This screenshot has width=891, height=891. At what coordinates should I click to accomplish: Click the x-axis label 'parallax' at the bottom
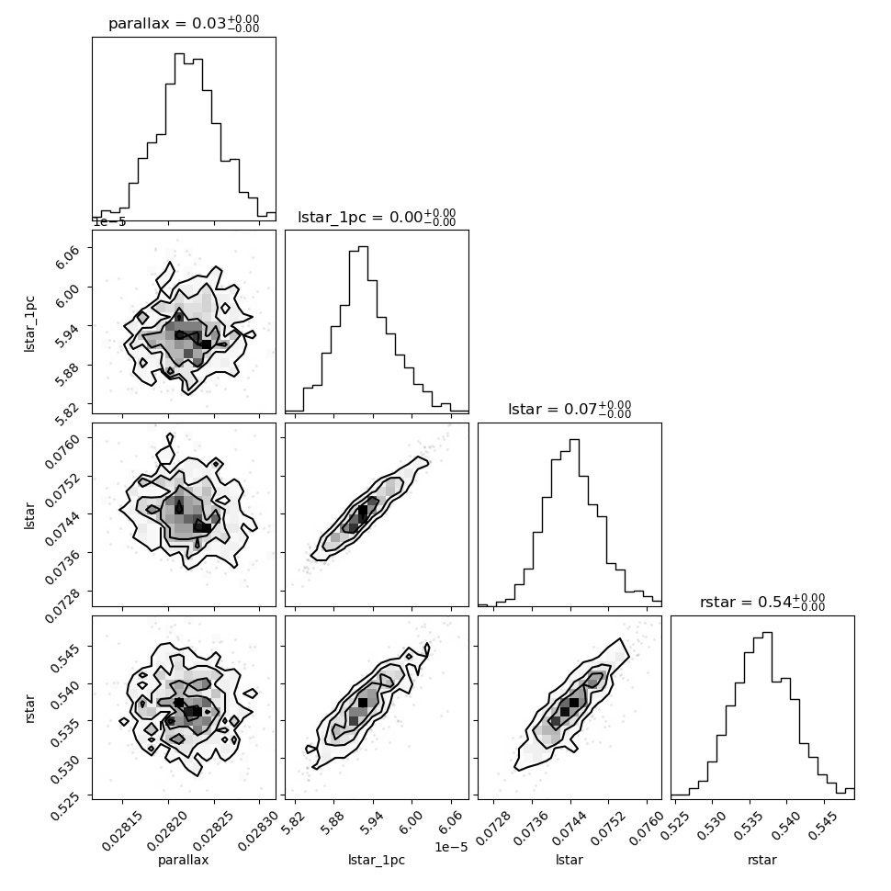click(x=184, y=860)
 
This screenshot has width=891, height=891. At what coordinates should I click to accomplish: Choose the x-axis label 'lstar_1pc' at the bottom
click(x=377, y=860)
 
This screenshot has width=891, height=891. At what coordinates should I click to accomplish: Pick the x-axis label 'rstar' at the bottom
click(x=762, y=860)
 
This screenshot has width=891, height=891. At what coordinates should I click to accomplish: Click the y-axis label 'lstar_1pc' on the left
click(x=30, y=323)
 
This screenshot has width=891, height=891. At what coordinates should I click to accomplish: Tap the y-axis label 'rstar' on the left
click(x=30, y=708)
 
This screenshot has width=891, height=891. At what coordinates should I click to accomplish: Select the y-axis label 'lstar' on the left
click(x=30, y=515)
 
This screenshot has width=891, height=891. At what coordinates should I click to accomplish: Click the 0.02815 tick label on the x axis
click(x=121, y=829)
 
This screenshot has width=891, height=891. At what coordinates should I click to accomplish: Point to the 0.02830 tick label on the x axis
click(x=257, y=829)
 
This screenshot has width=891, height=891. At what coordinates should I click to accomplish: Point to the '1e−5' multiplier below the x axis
click(x=451, y=847)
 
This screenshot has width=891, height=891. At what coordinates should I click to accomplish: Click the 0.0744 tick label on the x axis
click(x=570, y=829)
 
